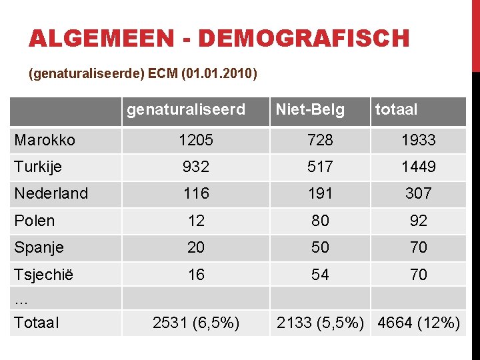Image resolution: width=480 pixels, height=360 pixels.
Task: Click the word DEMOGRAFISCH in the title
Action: click(x=303, y=39)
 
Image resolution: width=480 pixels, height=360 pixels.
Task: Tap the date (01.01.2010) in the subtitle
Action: click(x=217, y=73)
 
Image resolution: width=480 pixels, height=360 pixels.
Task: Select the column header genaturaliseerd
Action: click(x=186, y=109)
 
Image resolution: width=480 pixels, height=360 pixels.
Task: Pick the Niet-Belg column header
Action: click(x=310, y=109)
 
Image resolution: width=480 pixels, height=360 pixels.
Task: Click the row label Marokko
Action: click(x=45, y=140)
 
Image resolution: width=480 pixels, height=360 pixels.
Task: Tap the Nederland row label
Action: click(x=51, y=193)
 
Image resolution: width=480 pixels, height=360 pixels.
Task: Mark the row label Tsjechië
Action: click(x=44, y=275)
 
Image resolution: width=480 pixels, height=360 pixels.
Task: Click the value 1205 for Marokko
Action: click(x=196, y=140)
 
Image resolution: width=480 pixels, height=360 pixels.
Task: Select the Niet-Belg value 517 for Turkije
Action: click(x=321, y=167)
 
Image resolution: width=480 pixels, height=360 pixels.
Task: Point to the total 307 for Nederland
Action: click(x=419, y=193)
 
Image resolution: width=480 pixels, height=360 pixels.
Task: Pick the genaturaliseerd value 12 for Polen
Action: click(x=196, y=221)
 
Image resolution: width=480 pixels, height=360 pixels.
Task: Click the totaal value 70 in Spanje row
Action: click(x=419, y=247)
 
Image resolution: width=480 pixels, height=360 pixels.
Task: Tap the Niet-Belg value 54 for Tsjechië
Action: click(x=321, y=275)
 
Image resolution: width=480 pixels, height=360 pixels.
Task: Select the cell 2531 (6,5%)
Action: click(x=196, y=323)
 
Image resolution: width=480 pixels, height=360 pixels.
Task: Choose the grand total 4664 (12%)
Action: click(x=419, y=323)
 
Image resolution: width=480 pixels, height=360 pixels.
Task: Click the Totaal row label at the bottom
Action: click(x=36, y=323)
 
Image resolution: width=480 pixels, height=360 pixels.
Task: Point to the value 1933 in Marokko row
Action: click(x=419, y=140)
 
